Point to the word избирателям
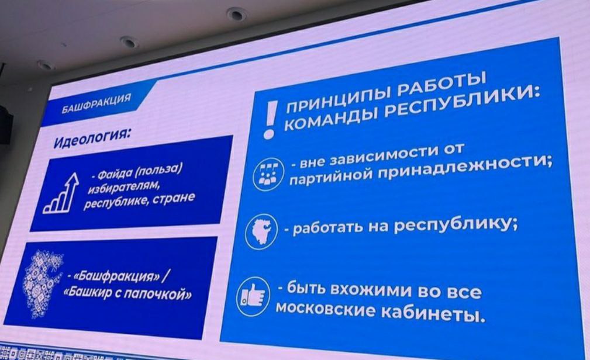click(120, 187)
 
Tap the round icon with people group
click(268, 174)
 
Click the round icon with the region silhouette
click(261, 231)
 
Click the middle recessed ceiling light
click(129, 41)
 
